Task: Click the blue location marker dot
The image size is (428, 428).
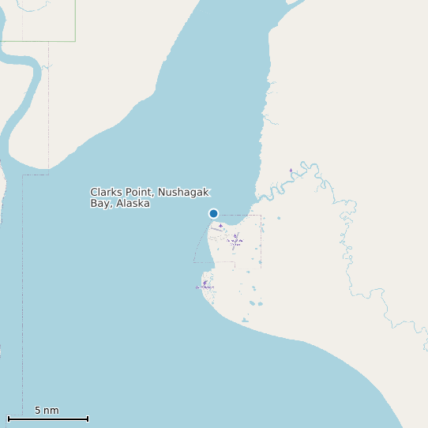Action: click(x=213, y=213)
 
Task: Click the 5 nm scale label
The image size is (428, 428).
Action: click(x=47, y=411)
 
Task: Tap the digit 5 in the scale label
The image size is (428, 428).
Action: click(x=38, y=411)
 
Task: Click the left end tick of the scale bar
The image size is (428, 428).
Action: click(x=8, y=419)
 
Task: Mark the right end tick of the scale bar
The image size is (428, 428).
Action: click(x=88, y=419)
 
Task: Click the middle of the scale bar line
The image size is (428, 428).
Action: click(x=47, y=419)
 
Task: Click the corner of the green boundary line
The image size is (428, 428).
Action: click(x=75, y=41)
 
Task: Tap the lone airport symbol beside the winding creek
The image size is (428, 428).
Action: click(x=291, y=170)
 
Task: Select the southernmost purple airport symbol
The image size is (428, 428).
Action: click(x=204, y=283)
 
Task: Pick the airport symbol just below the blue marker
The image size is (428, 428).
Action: click(x=220, y=225)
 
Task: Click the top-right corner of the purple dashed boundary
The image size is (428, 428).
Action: click(x=261, y=215)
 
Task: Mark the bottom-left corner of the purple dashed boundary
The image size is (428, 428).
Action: click(x=194, y=262)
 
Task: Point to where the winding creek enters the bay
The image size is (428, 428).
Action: click(x=255, y=197)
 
